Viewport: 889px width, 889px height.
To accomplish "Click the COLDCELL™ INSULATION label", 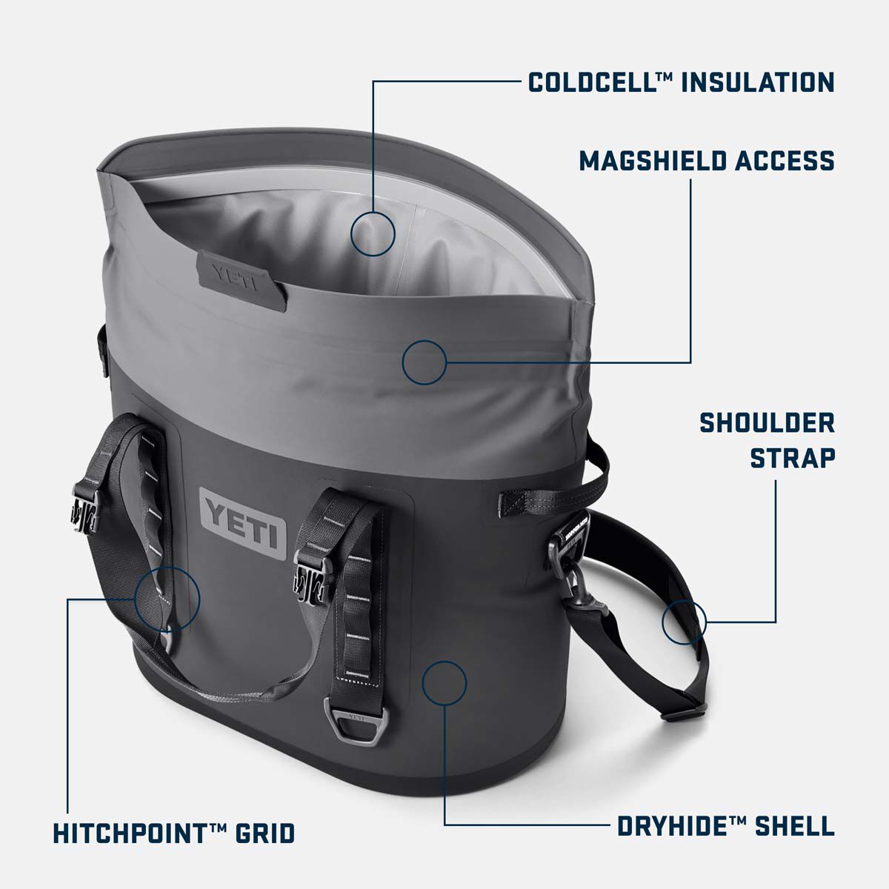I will [681, 81].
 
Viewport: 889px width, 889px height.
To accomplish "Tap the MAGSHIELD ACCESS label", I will [706, 160].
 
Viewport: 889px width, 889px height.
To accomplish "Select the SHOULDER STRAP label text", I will [768, 440].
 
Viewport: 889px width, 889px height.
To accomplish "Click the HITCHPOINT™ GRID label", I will [174, 832].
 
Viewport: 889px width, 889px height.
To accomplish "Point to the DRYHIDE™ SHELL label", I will [726, 826].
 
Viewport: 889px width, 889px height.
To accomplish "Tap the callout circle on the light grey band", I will [424, 362].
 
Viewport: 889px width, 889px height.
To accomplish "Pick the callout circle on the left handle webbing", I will [167, 599].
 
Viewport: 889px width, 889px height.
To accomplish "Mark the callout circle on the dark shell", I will [444, 682].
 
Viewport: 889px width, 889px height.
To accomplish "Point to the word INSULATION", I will [757, 81].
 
